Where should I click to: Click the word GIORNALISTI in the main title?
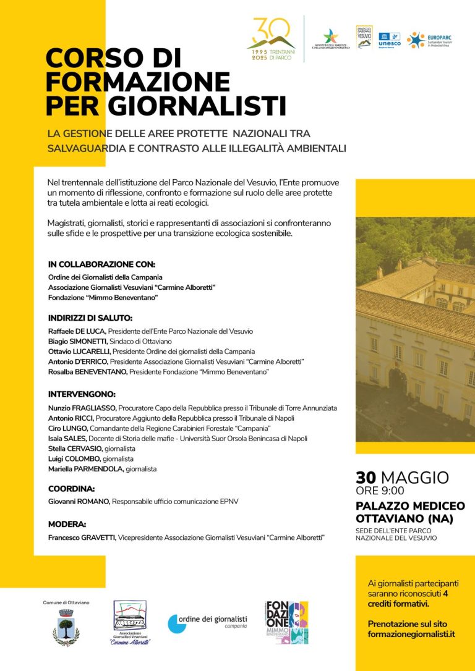pyautogui.click(x=197, y=106)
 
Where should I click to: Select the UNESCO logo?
pyautogui.click(x=390, y=39)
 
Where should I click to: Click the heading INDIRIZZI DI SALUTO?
pyautogui.click(x=90, y=318)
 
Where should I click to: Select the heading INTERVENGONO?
pyautogui.click(x=82, y=394)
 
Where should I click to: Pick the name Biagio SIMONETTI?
pyautogui.click(x=78, y=341)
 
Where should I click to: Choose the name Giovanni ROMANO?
pyautogui.click(x=79, y=502)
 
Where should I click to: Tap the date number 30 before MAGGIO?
pyautogui.click(x=366, y=478)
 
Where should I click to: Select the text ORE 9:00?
pyautogui.click(x=380, y=491)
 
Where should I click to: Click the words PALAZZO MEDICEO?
pyautogui.click(x=410, y=506)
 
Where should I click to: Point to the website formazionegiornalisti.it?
pyautogui.click(x=411, y=635)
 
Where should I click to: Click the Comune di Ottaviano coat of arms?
pyautogui.click(x=66, y=627)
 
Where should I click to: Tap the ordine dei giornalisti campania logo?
pyautogui.click(x=207, y=622)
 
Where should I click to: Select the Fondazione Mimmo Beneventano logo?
pyautogui.click(x=287, y=623)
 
